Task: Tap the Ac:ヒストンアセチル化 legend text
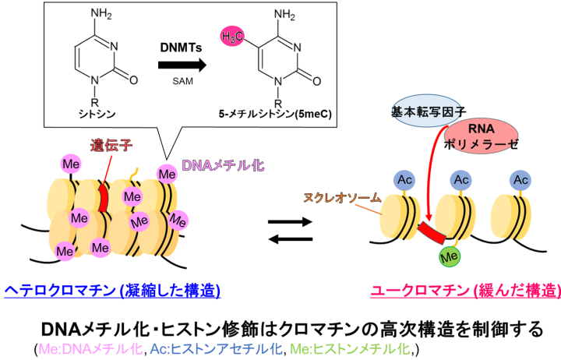tap(224, 347)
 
